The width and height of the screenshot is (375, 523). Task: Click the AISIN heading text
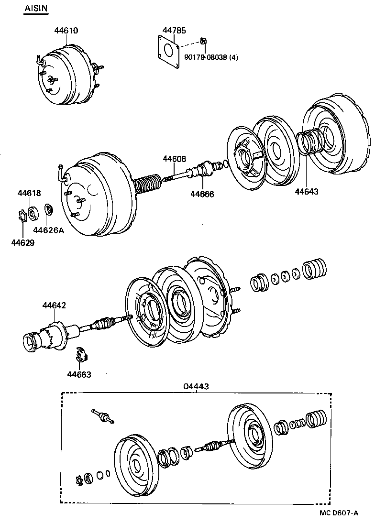click(36, 9)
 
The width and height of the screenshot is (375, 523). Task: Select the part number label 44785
click(173, 31)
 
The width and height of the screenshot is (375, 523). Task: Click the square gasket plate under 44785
click(167, 52)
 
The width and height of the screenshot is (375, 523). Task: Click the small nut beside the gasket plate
click(203, 41)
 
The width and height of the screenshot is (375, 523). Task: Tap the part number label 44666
click(202, 194)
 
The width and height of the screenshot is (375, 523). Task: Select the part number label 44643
click(306, 191)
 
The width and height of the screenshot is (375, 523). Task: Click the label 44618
click(29, 193)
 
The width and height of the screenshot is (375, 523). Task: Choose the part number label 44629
click(23, 242)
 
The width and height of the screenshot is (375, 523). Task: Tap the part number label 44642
click(54, 305)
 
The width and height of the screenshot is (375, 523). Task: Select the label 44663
click(79, 375)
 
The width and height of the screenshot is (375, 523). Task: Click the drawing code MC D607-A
click(339, 513)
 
